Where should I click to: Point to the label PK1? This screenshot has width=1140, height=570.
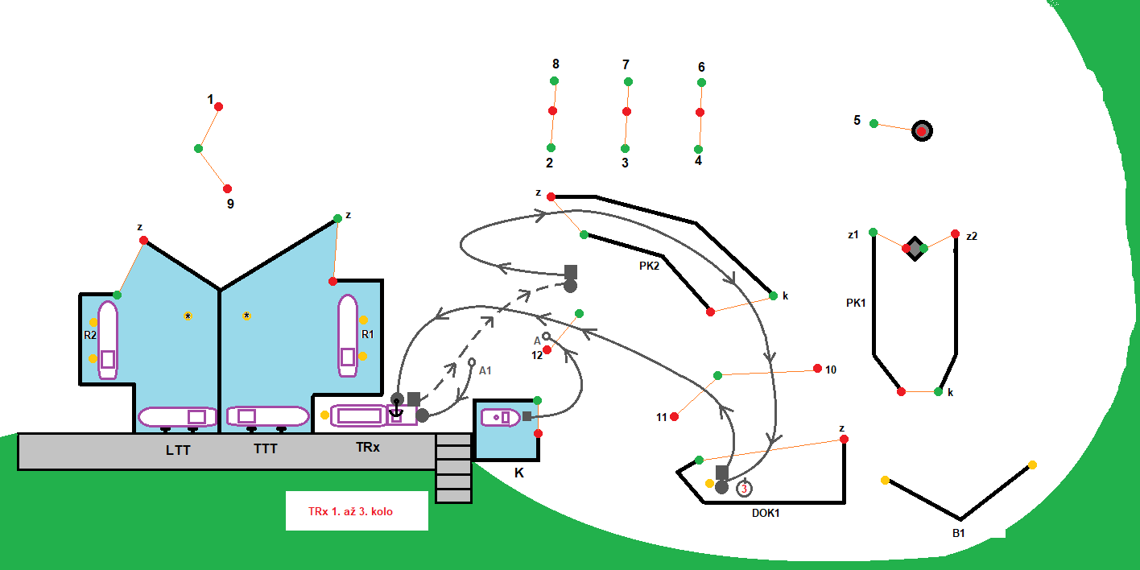pos(855,304)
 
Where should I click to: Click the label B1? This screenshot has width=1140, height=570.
pos(958,533)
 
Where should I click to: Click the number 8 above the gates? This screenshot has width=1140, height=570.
pos(556,64)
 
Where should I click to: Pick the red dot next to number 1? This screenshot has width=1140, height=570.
pos(218,106)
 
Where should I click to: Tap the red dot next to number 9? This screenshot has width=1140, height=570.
pos(227,188)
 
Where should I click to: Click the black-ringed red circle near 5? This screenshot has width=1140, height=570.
pos(922,130)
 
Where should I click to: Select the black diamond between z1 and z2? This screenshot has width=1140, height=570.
pos(915,248)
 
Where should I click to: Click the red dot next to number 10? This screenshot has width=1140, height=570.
pos(817,369)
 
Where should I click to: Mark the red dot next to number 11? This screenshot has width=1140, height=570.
pos(674,416)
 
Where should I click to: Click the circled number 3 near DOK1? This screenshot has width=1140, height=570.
pos(745,488)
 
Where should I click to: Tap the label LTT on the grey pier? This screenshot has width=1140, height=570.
pos(178,450)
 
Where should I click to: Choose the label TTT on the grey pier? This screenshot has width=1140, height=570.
pos(265,449)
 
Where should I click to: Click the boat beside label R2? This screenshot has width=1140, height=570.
pos(108,340)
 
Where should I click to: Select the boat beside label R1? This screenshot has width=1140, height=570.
pos(347,336)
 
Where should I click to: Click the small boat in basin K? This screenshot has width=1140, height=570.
pos(501,417)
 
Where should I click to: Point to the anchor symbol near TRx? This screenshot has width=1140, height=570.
pos(396,409)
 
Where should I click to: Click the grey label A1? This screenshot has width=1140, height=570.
pos(485,371)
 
